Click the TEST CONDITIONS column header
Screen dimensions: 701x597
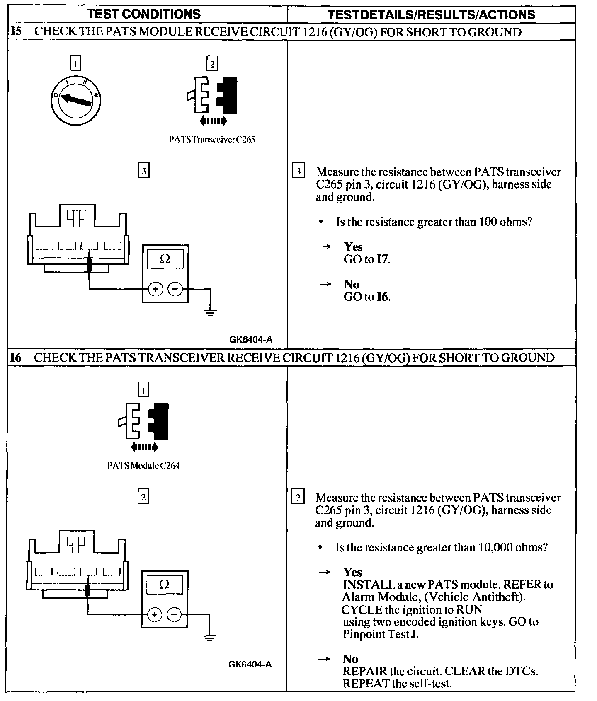(x=145, y=14)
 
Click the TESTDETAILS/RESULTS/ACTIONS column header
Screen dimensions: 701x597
(x=431, y=15)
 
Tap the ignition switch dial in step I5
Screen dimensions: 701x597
(x=76, y=99)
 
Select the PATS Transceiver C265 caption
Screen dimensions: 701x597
(x=212, y=140)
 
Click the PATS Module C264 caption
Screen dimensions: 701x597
(x=143, y=465)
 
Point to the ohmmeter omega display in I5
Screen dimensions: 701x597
(x=165, y=259)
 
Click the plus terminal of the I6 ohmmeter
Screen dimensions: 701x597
(x=154, y=615)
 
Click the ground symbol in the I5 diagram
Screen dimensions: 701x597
(x=211, y=312)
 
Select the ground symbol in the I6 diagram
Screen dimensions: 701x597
(x=210, y=637)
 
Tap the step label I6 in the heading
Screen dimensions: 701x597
(x=15, y=358)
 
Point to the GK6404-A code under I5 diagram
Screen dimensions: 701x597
(x=251, y=340)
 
